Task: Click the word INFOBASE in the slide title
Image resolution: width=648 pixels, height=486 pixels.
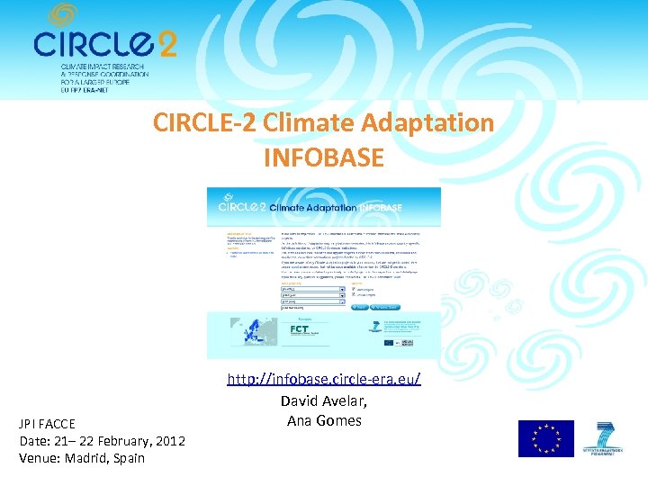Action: tap(324, 158)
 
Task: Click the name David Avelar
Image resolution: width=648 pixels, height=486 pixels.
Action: tap(324, 401)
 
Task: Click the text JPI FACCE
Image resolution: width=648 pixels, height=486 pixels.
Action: tap(48, 423)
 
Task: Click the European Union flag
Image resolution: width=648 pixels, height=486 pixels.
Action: tap(545, 439)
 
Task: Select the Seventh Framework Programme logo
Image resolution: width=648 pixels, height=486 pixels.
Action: tap(607, 439)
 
